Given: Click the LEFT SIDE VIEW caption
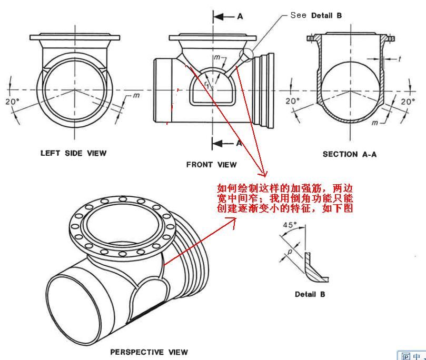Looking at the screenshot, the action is click(73, 153).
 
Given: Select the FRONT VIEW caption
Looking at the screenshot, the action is click(211, 165).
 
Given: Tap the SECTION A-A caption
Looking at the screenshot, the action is click(350, 154).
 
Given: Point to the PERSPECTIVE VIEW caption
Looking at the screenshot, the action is click(149, 352).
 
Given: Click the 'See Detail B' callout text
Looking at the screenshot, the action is click(316, 15).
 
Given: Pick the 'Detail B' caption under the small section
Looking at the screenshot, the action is click(310, 294).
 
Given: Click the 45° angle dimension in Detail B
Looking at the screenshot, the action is click(290, 225).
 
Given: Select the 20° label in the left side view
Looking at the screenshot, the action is click(12, 102).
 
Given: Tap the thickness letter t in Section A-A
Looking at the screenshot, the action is click(400, 58).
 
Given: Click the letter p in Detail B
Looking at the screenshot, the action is click(290, 252).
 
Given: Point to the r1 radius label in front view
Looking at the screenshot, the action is click(207, 84).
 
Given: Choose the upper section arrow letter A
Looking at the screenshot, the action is click(240, 16).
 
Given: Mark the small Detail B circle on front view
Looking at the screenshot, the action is click(246, 55).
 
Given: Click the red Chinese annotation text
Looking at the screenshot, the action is click(285, 198).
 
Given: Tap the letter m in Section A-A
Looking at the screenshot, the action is click(374, 123).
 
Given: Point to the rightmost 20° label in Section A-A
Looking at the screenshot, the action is click(408, 102).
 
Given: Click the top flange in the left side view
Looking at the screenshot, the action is click(75, 37).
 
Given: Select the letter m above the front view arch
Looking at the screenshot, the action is click(217, 57).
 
